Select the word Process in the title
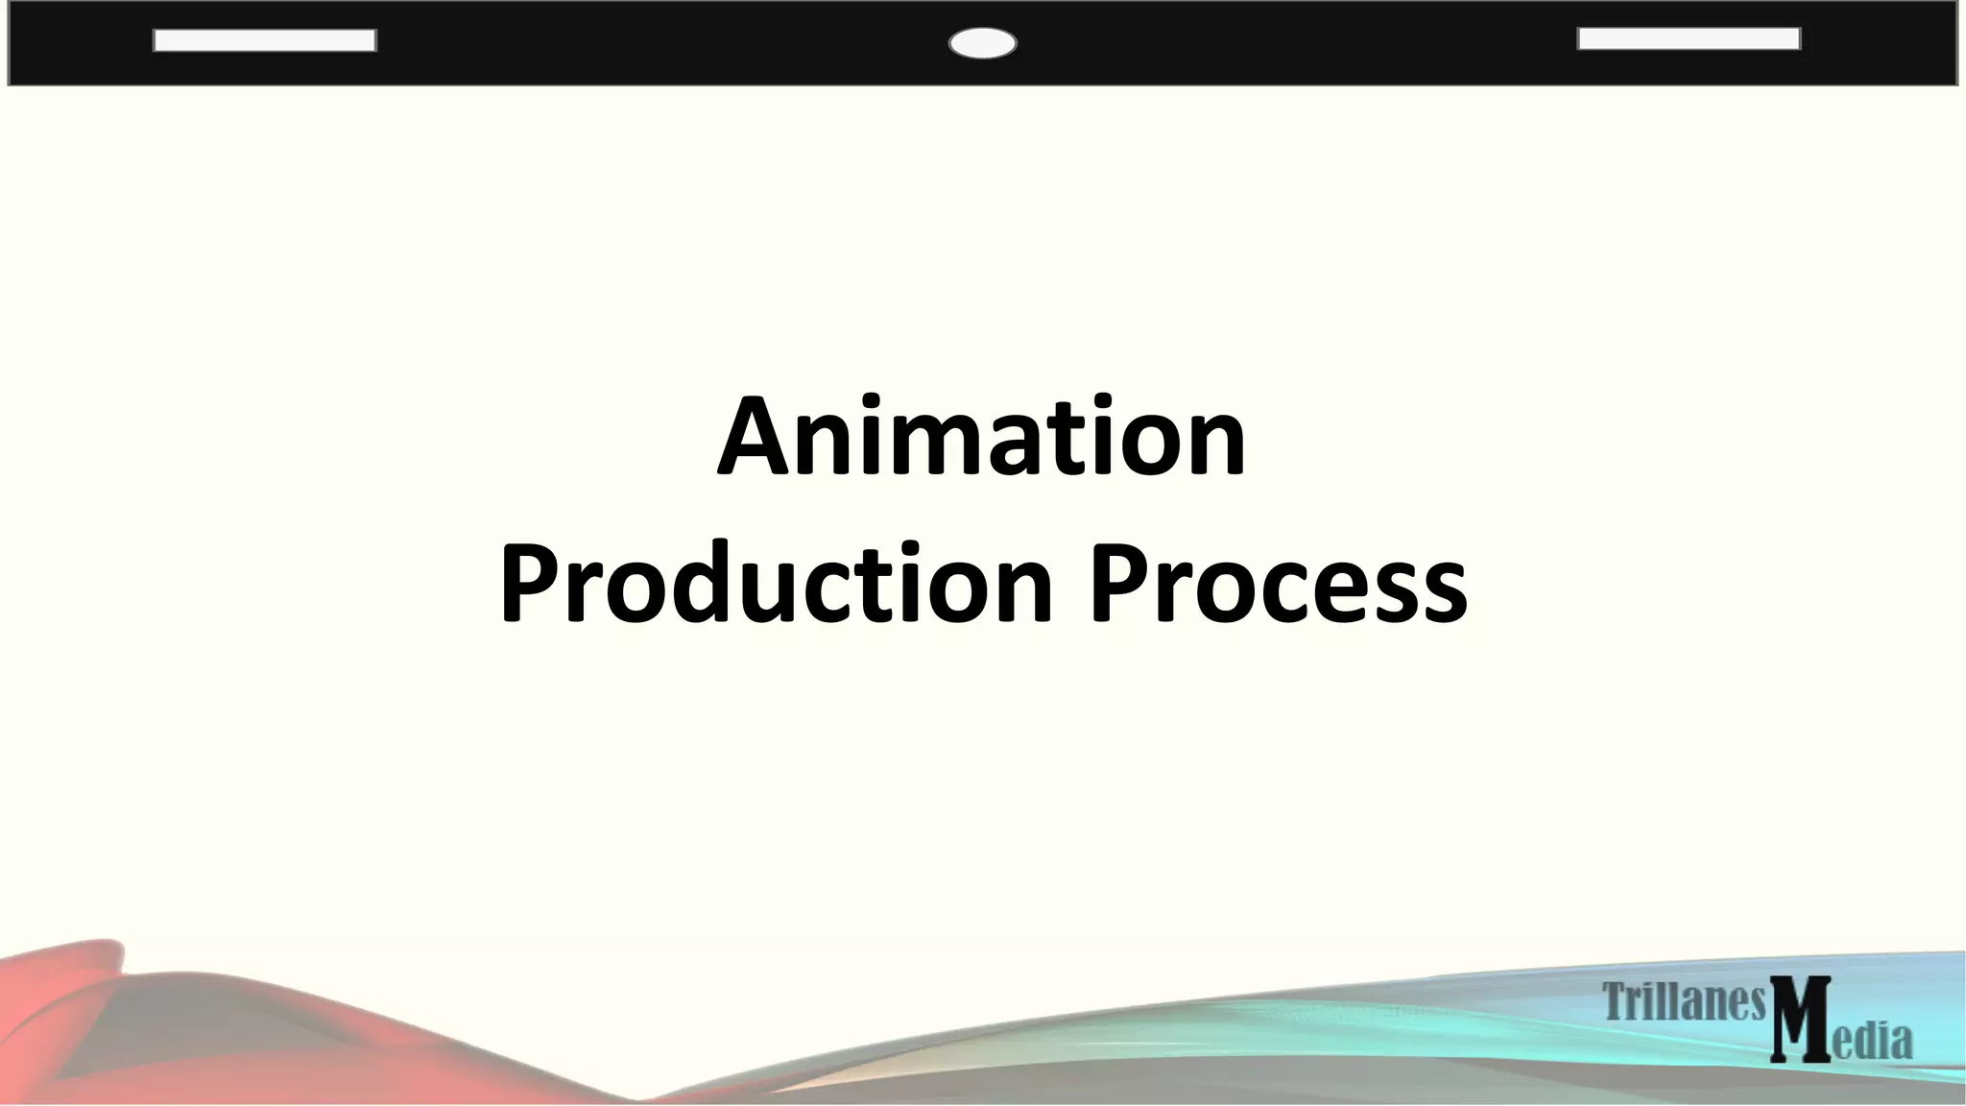click(1277, 583)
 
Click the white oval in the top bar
click(982, 43)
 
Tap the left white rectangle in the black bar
click(264, 40)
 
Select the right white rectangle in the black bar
click(1689, 38)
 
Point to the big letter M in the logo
click(1800, 1020)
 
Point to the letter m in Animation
click(941, 449)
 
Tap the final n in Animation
click(1215, 449)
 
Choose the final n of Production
click(1023, 595)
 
